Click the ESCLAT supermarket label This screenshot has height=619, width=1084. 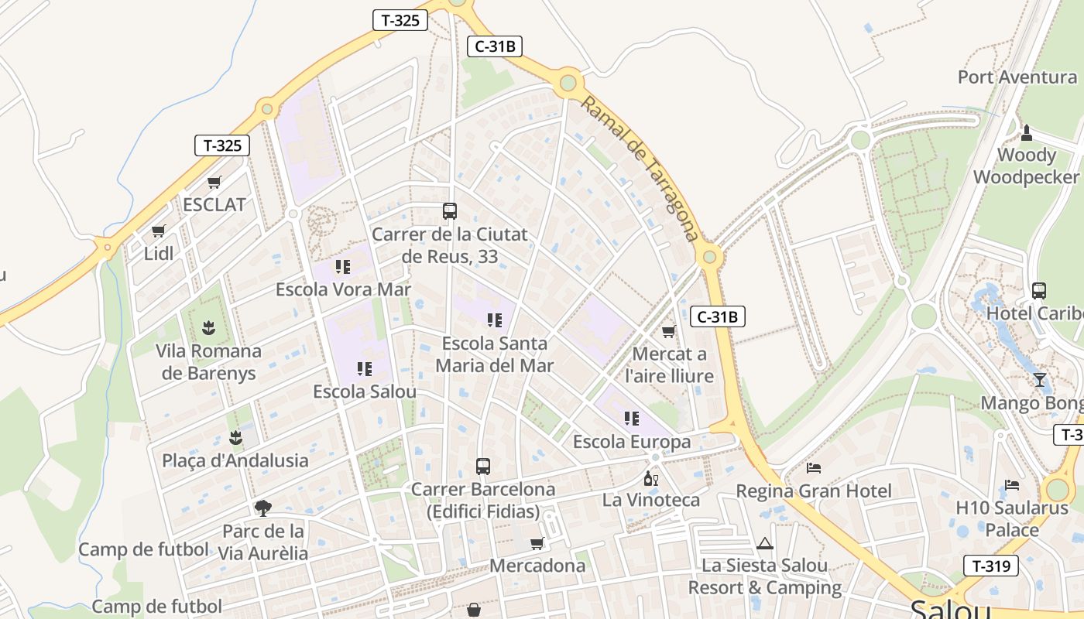tap(214, 204)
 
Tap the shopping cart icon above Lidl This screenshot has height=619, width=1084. tap(159, 231)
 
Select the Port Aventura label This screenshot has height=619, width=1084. tap(1017, 77)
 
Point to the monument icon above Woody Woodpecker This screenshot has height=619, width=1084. tap(1027, 132)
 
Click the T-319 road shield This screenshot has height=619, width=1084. tap(990, 566)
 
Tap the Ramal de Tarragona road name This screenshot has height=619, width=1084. tap(640, 168)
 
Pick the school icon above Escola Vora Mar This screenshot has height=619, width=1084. tap(343, 267)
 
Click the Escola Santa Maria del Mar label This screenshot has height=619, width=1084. tap(495, 354)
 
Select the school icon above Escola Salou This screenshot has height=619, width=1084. tap(365, 369)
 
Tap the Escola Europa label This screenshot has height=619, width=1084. tap(632, 442)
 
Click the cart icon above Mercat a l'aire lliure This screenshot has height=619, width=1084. tap(669, 331)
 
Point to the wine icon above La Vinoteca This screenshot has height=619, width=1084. tap(651, 479)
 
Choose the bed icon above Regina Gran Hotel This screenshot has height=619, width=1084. tap(814, 468)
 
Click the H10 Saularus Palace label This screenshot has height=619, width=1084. tap(1012, 519)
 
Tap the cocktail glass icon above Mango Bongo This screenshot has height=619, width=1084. tap(1039, 380)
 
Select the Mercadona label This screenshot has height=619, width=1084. tap(537, 566)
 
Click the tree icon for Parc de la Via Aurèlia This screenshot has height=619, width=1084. tap(263, 508)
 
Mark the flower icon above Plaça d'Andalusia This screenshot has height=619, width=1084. tap(235, 438)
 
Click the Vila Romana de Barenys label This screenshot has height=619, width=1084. tap(209, 361)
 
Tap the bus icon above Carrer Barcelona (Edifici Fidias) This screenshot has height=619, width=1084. tap(483, 467)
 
